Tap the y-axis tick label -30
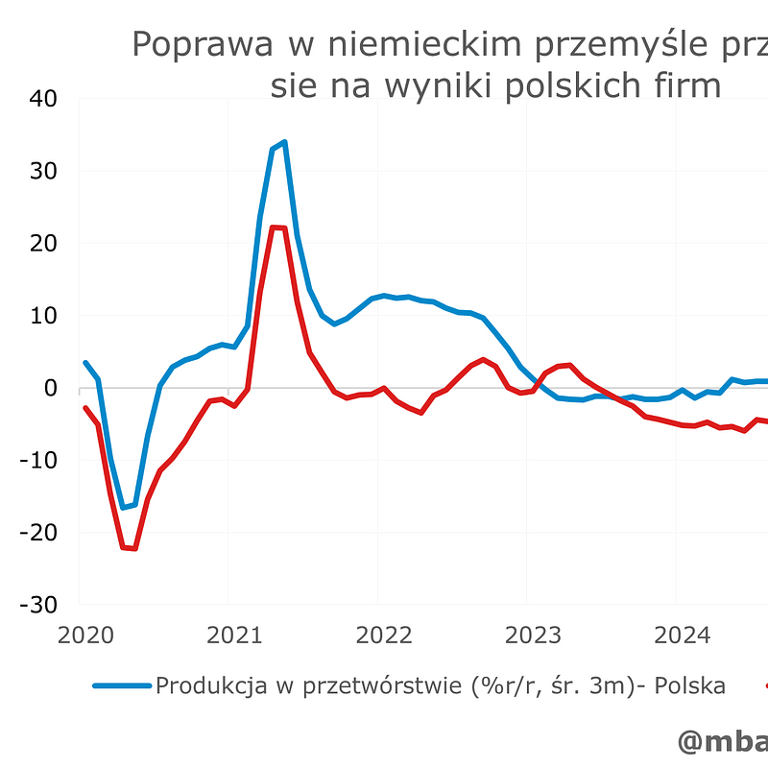pyautogui.click(x=38, y=605)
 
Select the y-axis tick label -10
pyautogui.click(x=38, y=460)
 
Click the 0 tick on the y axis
pyautogui.click(x=51, y=388)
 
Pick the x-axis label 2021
pyautogui.click(x=235, y=636)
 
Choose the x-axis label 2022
pyautogui.click(x=384, y=636)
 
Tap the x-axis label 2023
pyautogui.click(x=533, y=636)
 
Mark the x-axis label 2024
pyautogui.click(x=682, y=636)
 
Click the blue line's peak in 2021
pyautogui.click(x=284, y=142)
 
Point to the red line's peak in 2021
pyautogui.click(x=278, y=228)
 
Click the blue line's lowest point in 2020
pyautogui.click(x=123, y=507)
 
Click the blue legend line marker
pyautogui.click(x=122, y=686)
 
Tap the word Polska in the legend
pyautogui.click(x=689, y=686)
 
